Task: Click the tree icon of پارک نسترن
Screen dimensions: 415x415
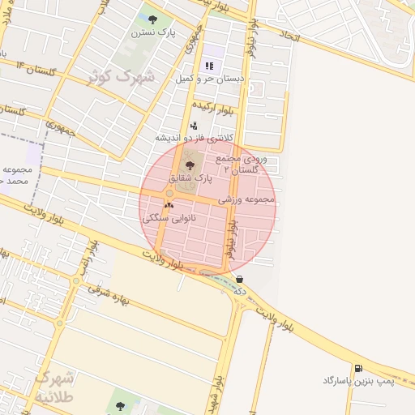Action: [154, 19]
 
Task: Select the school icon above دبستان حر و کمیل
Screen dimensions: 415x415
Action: [208, 66]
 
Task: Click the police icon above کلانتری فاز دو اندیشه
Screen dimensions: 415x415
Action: [194, 126]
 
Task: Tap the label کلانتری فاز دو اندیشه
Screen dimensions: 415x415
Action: [193, 139]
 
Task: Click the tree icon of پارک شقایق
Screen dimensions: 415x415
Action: [190, 165]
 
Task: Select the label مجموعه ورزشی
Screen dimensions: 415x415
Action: [246, 199]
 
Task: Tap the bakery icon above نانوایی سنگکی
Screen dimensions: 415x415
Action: [169, 206]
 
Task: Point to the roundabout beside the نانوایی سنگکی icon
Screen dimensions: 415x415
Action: [169, 195]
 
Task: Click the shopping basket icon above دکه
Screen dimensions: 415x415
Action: [239, 279]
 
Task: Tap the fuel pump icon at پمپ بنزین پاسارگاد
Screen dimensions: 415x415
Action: [357, 368]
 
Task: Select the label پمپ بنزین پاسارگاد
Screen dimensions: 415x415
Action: [357, 380]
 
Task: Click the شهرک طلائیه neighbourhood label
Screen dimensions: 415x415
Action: [55, 388]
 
